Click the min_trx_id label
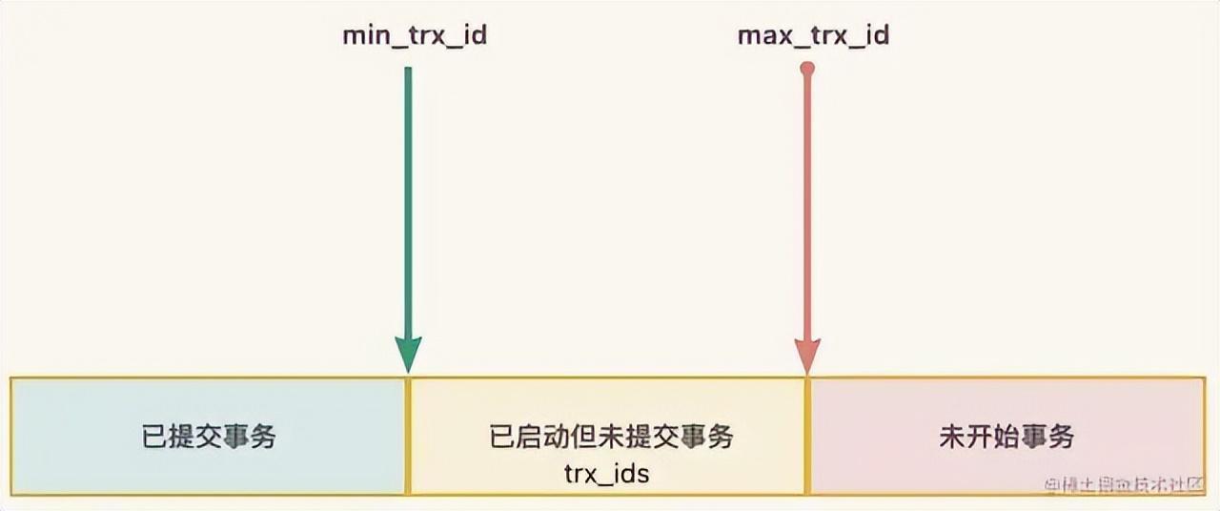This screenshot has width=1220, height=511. pos(415,37)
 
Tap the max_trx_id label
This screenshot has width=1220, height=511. pos(813,37)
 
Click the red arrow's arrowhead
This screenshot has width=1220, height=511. pos(807,357)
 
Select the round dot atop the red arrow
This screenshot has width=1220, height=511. pos(807,69)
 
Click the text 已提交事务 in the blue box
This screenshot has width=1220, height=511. pos(209,437)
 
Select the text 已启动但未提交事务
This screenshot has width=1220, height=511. pos(611,437)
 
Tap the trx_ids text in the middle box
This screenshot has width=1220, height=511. pos(607,472)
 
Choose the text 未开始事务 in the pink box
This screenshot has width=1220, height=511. pos(1006,437)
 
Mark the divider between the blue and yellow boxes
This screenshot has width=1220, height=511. pos(408,437)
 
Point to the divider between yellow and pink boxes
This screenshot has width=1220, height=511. pos(807,437)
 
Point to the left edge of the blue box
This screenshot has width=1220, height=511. pos(10,437)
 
